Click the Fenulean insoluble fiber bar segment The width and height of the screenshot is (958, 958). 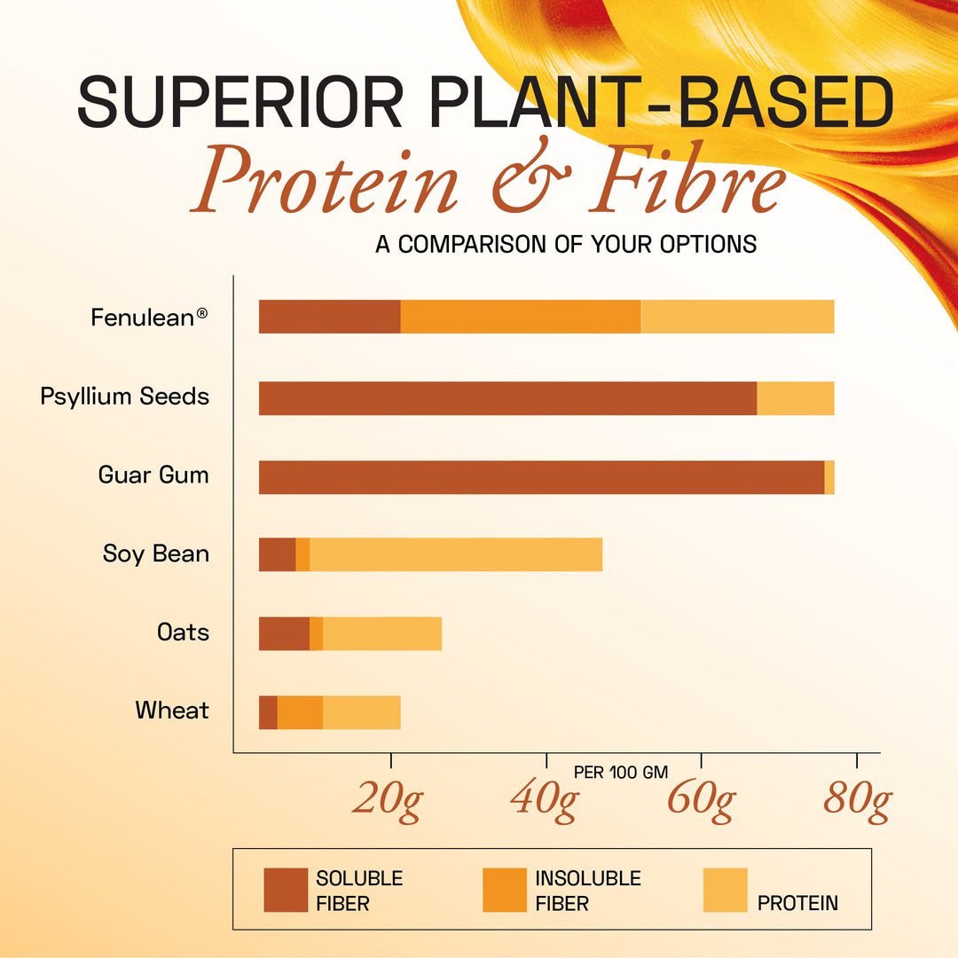tap(521, 317)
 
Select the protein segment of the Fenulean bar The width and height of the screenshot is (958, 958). tap(737, 317)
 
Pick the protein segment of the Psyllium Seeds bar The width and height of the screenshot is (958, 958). tap(795, 398)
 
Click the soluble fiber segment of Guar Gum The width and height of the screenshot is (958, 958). tap(541, 477)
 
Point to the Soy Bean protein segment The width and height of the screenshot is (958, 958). tap(456, 554)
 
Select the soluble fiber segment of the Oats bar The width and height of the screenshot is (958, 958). tap(284, 633)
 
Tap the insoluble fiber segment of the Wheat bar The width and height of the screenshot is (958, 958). tap(300, 712)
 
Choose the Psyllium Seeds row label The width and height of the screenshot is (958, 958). tap(125, 396)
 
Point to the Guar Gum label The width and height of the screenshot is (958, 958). tap(153, 475)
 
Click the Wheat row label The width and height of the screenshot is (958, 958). tap(172, 711)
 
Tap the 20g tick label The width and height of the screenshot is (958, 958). tap(387, 800)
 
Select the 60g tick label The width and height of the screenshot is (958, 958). tap(700, 800)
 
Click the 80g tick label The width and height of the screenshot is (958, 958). tap(856, 800)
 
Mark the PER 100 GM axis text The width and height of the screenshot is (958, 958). tap(621, 772)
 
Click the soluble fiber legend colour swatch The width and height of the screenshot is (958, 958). tap(286, 890)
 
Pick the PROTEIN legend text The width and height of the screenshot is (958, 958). tap(797, 903)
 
